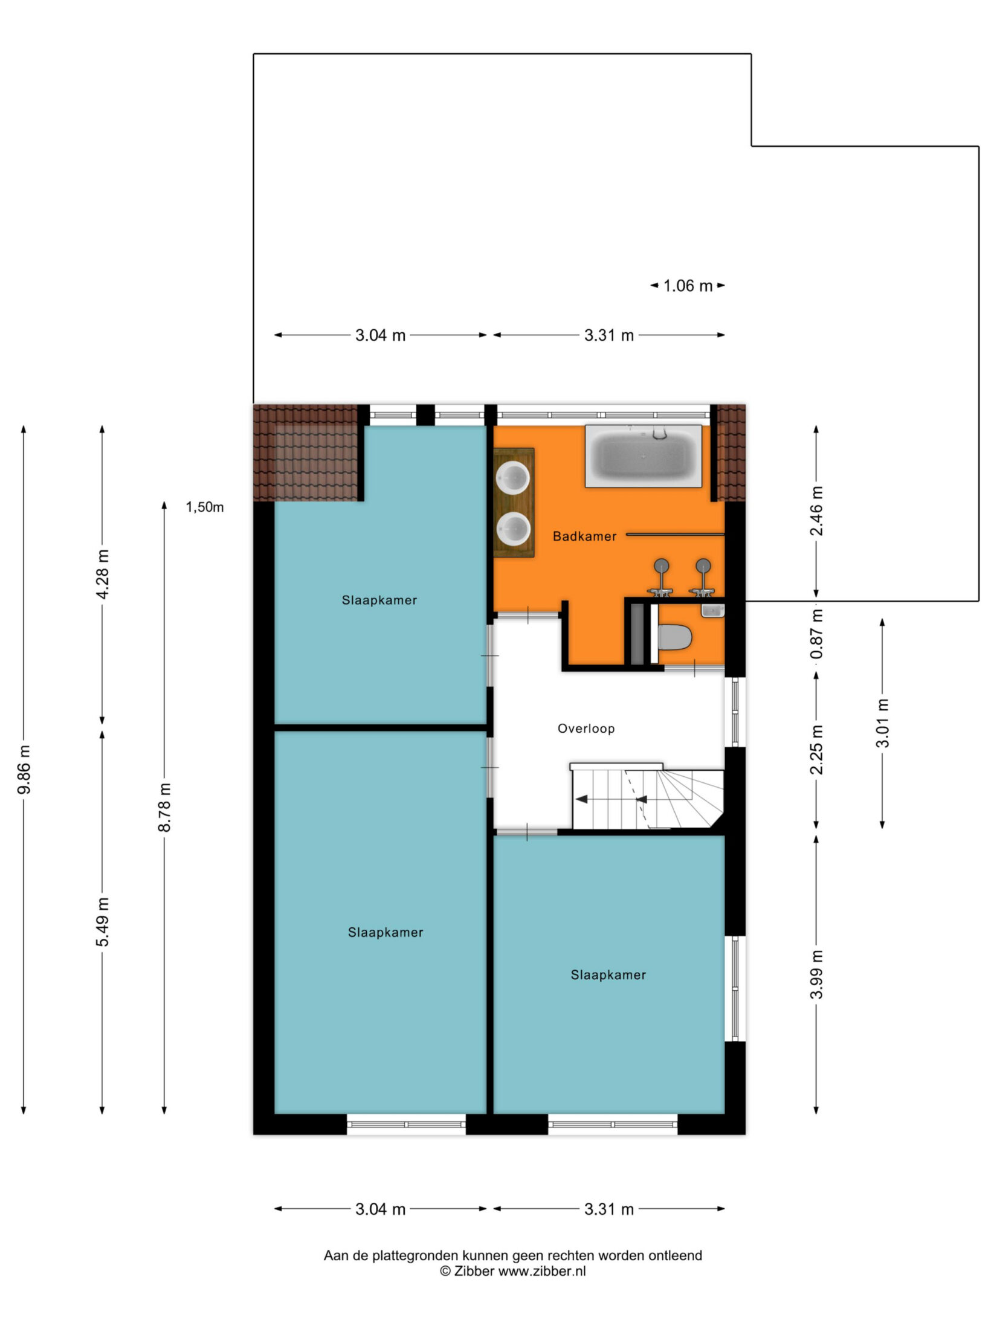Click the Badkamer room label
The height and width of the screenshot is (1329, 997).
click(584, 536)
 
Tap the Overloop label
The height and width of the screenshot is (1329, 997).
click(586, 729)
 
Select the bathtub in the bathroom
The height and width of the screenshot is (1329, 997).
click(644, 455)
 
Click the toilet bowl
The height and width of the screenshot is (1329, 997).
click(674, 637)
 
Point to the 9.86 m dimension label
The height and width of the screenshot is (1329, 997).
click(24, 778)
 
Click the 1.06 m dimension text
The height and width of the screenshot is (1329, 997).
click(688, 286)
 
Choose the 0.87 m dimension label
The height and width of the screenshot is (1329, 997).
click(818, 634)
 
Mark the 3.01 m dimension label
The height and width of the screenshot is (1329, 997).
click(883, 723)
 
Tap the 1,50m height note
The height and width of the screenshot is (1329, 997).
click(205, 507)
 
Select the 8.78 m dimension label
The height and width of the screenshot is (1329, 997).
click(164, 807)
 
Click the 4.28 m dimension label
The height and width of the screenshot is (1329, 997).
click(103, 574)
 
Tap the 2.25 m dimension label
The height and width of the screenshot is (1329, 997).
click(817, 749)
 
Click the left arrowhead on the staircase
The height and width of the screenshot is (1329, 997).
click(581, 799)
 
